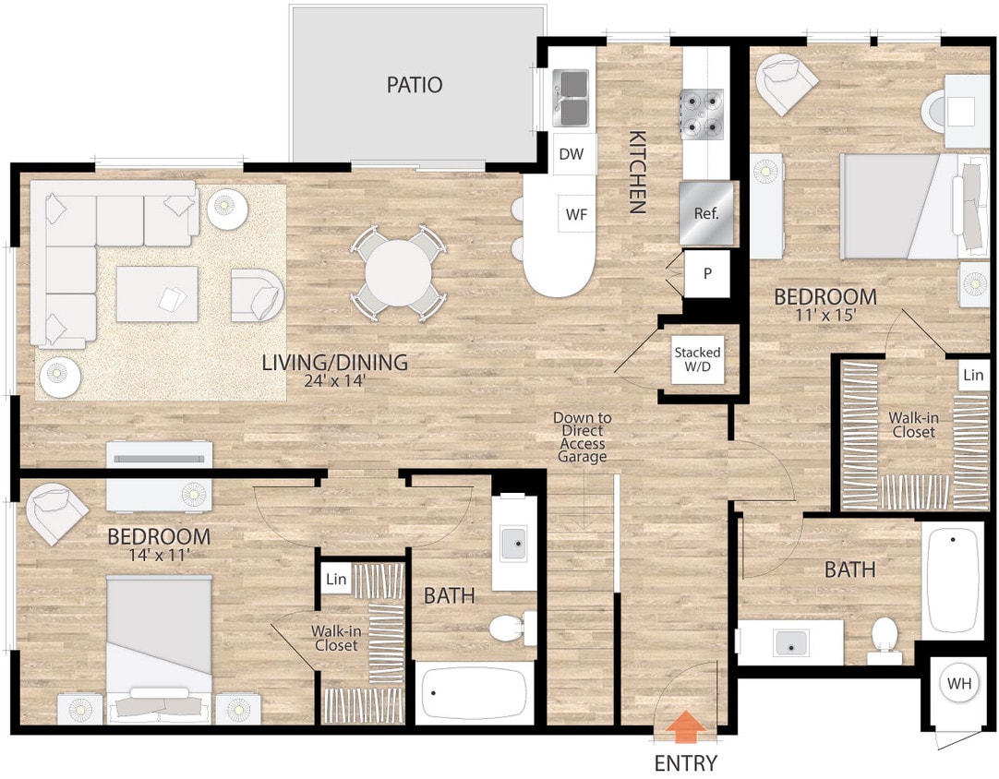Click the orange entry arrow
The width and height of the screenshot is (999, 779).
tap(685, 726)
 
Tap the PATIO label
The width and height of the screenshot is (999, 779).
tap(415, 85)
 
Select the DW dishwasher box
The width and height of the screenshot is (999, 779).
tap(572, 154)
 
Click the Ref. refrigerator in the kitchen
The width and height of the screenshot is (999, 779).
tap(706, 212)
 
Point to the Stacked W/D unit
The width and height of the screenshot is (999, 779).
tap(697, 360)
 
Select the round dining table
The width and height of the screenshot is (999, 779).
tap(398, 273)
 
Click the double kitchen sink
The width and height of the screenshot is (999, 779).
tap(572, 98)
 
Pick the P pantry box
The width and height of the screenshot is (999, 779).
tap(707, 274)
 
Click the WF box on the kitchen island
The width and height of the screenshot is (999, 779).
tap(576, 214)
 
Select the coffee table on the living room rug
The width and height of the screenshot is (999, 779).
tap(157, 294)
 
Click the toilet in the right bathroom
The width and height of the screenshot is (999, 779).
tap(885, 637)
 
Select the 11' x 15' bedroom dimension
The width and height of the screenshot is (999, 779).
tap(824, 316)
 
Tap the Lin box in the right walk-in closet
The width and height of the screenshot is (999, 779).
tap(973, 376)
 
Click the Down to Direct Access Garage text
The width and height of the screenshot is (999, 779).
tap(582, 437)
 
